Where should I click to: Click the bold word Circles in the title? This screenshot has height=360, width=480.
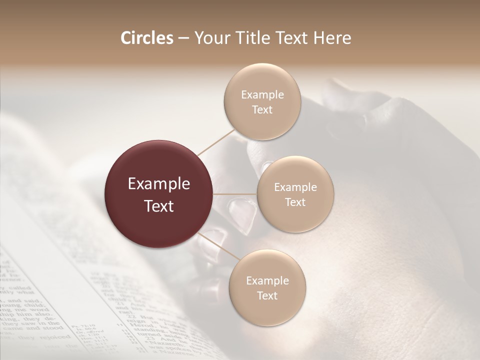(x=147, y=38)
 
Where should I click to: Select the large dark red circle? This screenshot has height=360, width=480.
(x=159, y=194)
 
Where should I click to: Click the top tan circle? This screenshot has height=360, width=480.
(x=261, y=102)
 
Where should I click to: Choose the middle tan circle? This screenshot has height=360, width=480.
(x=295, y=194)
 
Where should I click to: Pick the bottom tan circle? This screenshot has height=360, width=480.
(x=267, y=288)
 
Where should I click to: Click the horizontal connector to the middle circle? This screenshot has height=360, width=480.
(x=235, y=194)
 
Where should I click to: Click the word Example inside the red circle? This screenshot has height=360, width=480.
(x=159, y=184)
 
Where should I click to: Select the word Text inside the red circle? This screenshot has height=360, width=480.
(x=159, y=206)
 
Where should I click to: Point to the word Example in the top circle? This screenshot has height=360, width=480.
(x=262, y=95)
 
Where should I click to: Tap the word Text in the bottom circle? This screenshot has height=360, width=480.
(x=267, y=295)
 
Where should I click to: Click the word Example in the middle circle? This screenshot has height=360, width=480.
(x=295, y=187)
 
